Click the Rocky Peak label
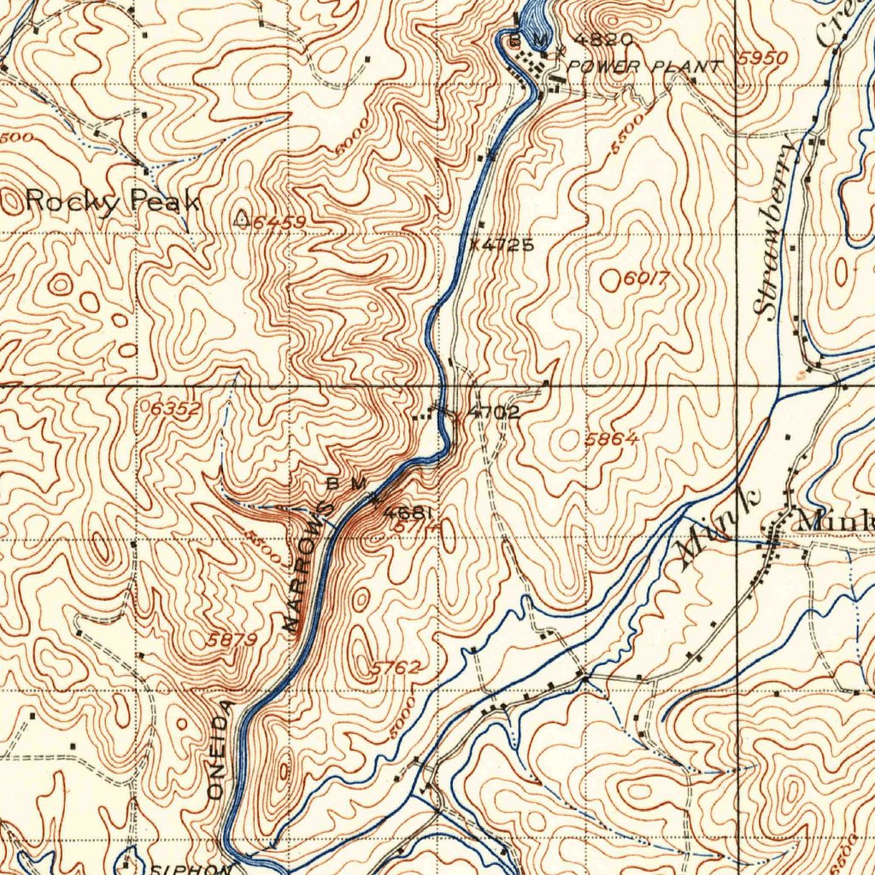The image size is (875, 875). pos(113,202)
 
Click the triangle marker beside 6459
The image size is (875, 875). pos(243,220)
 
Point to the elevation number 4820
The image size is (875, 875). pos(603,39)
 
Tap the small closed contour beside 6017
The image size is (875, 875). pos(610,279)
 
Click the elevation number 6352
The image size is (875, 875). pos(174,409)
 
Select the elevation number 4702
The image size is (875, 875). pos(493,413)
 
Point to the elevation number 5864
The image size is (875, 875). pos(612,439)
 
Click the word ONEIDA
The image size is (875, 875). pos(220,749)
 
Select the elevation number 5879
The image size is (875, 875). pos(232,639)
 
